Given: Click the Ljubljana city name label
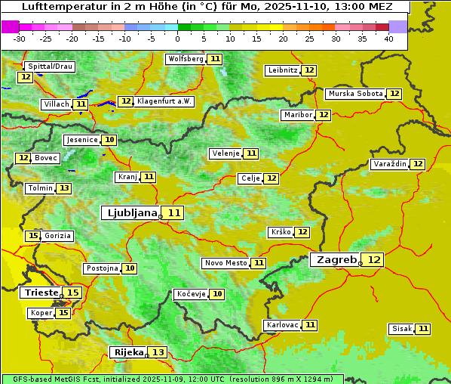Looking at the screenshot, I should pyautogui.click(x=130, y=213).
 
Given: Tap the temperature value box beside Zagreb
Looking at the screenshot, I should pyautogui.click(x=374, y=260).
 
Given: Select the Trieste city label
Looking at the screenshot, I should pyautogui.click(x=41, y=293).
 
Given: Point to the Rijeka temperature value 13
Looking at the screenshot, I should pyautogui.click(x=158, y=352).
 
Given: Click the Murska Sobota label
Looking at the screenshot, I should pyautogui.click(x=354, y=94).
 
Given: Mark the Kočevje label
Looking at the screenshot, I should pyautogui.click(x=190, y=294).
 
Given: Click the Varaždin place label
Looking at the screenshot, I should pyautogui.click(x=390, y=164).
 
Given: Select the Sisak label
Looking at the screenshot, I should pyautogui.click(x=401, y=329).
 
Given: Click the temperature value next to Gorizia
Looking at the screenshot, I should pyautogui.click(x=32, y=236).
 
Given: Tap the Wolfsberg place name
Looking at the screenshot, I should pyautogui.click(x=186, y=59).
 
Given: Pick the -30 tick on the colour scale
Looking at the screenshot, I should pyautogui.click(x=20, y=39).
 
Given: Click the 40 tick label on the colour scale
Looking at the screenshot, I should pyautogui.click(x=388, y=39).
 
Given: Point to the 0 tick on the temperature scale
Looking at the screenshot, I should pyautogui.click(x=178, y=39).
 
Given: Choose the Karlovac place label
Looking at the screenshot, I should pyautogui.click(x=283, y=325).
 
